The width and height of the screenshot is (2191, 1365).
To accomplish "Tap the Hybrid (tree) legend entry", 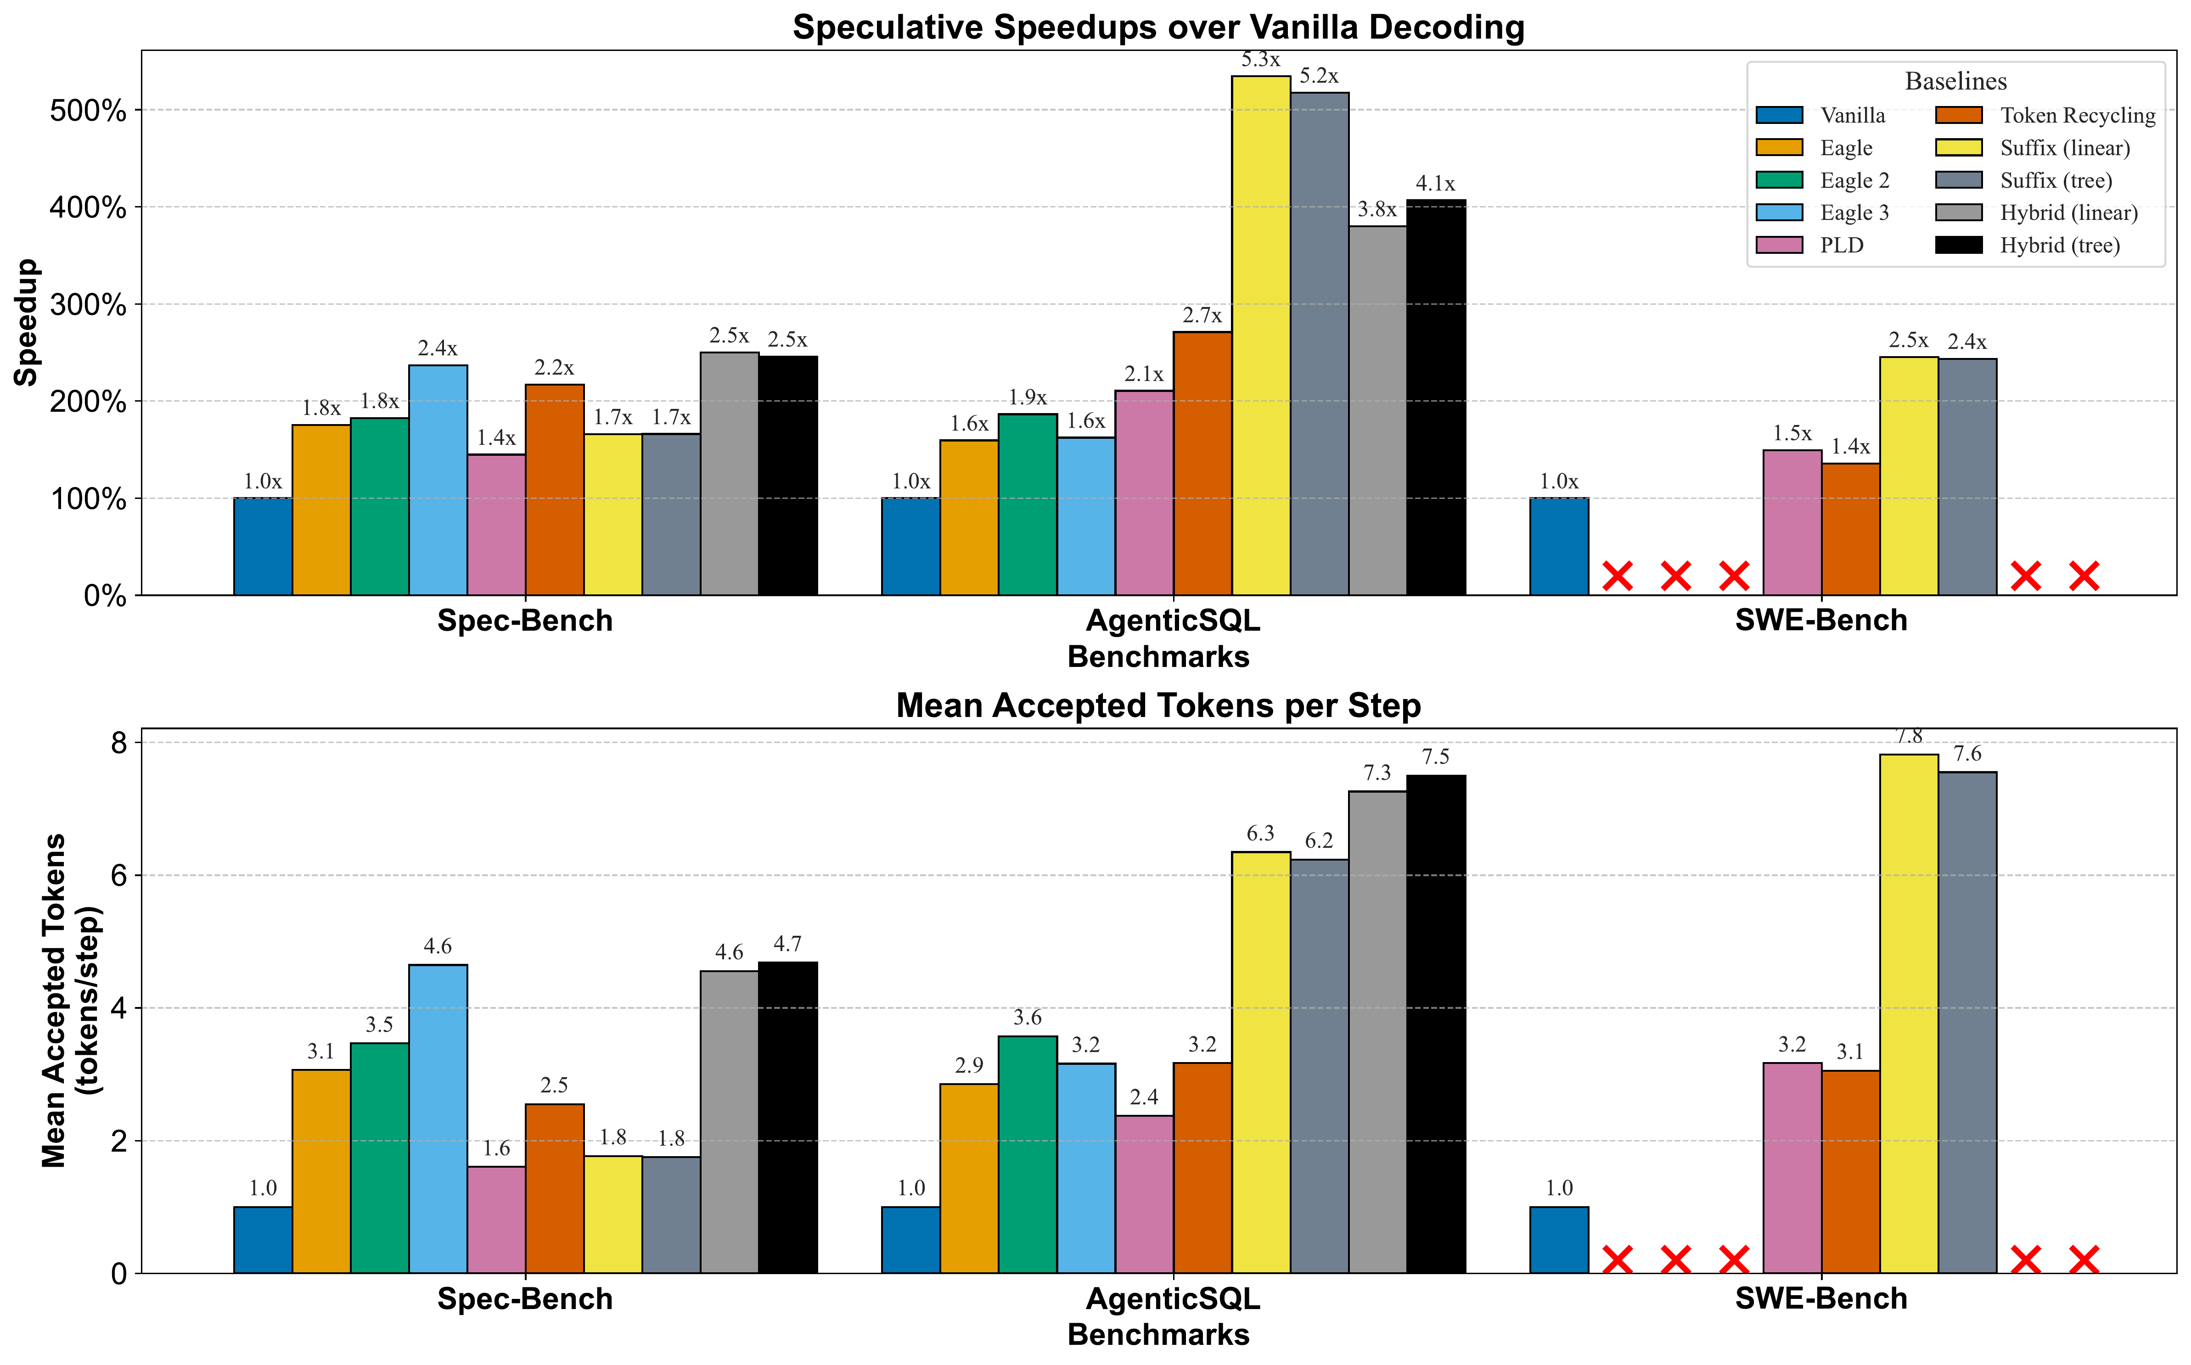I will click(x=2059, y=246).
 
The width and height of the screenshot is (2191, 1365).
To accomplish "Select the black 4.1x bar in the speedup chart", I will click(x=1436, y=397).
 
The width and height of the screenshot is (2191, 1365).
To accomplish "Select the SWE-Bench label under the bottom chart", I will click(x=1821, y=1299).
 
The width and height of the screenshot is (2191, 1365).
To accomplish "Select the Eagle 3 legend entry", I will click(x=1853, y=213).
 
